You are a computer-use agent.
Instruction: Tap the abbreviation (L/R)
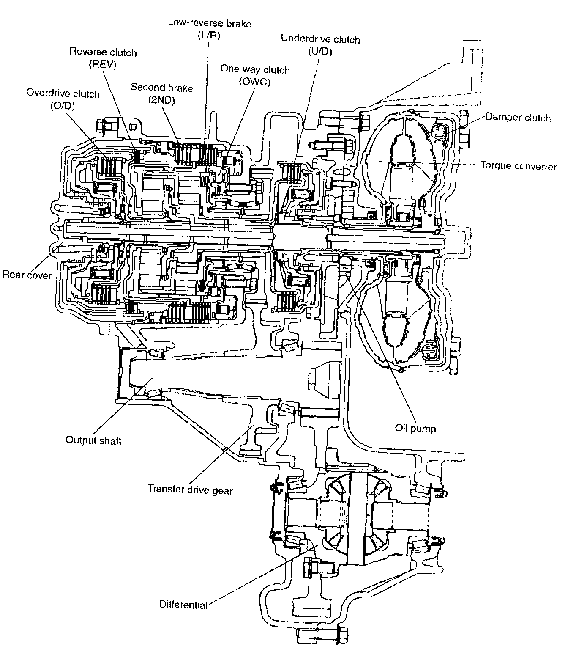point(209,36)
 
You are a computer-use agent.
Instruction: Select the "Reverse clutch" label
point(103,52)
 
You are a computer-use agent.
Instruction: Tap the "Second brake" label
point(162,88)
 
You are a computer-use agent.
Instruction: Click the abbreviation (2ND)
point(161,100)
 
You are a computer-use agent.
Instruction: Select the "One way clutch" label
point(255,69)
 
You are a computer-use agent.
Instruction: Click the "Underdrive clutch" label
point(320,39)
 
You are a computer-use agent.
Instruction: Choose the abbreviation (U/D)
point(320,52)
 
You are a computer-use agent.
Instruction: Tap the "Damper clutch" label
point(518,117)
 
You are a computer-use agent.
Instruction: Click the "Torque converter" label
point(519,166)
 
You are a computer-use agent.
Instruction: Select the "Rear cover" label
point(27,275)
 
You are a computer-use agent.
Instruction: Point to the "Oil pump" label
point(415,428)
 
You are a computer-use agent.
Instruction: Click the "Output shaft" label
point(93,440)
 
